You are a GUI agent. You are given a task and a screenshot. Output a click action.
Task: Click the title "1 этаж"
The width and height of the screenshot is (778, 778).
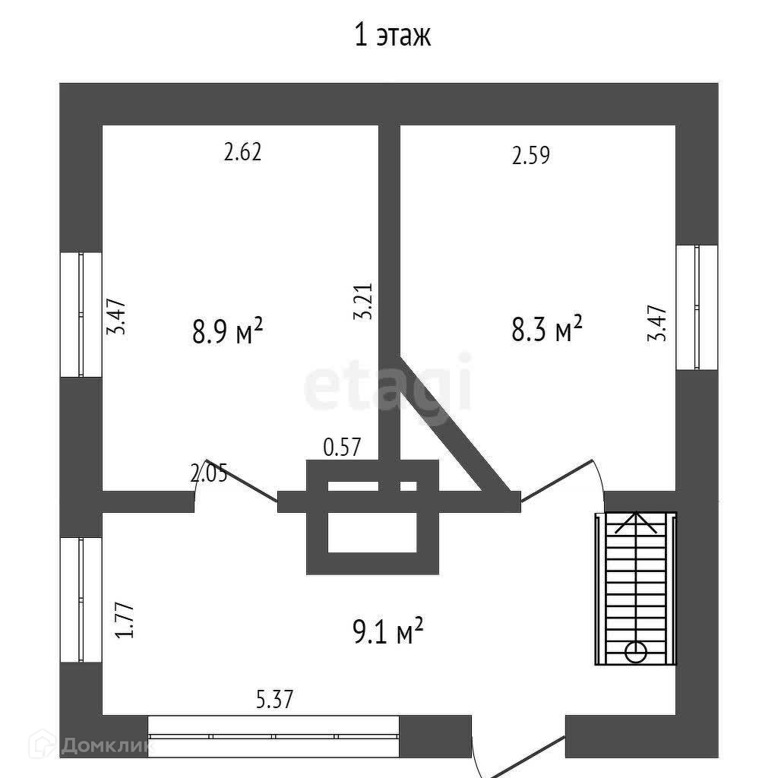[393, 36]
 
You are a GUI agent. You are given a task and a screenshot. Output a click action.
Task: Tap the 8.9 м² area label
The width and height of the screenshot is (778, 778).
[227, 331]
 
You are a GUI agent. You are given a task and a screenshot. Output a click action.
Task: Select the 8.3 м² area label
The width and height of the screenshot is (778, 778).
[546, 330]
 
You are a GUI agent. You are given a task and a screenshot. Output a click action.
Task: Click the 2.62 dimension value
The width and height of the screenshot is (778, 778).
[242, 153]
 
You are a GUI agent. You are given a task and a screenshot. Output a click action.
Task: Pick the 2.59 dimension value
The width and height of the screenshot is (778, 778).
[531, 157]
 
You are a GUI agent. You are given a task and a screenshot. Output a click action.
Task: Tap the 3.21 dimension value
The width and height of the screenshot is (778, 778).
[364, 302]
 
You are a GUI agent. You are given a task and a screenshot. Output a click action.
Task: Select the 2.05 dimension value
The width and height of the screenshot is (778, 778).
[209, 474]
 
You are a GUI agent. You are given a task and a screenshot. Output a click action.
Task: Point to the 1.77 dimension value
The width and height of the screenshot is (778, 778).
[127, 619]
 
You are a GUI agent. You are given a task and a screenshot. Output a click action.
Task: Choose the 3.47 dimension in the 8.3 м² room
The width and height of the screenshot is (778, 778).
[657, 323]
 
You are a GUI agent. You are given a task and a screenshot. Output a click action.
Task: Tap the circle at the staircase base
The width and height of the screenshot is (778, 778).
[635, 652]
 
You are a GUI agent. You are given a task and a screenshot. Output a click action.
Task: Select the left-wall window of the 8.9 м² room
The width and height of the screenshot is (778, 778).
[81, 314]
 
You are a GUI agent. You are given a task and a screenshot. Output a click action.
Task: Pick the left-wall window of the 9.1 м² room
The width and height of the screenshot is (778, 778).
[81, 599]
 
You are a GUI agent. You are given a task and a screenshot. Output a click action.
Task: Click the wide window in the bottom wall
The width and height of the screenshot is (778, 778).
[274, 735]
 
